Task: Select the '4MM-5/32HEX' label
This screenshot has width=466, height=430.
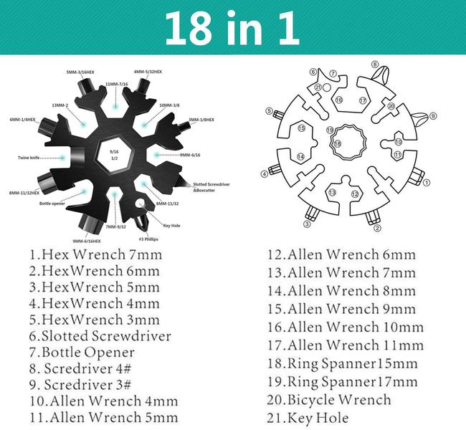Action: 148,72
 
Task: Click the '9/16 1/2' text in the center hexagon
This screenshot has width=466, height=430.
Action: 113,156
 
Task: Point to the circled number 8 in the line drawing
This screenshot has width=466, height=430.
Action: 375,64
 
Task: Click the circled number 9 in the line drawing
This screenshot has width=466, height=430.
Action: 433,115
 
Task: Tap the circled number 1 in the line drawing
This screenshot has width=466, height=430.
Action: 427,182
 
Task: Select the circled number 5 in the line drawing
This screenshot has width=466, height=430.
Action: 269,111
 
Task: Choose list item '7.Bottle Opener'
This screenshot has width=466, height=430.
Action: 82,353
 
